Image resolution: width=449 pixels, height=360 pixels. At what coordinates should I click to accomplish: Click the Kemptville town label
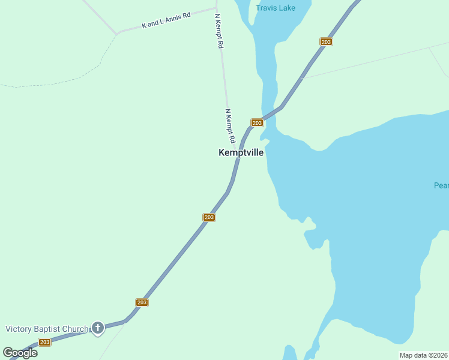tap(241, 153)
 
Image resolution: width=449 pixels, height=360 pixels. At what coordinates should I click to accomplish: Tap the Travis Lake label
tap(275, 8)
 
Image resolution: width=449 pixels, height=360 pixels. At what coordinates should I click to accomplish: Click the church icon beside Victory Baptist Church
tap(98, 328)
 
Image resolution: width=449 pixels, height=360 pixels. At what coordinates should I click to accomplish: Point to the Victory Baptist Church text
tap(47, 329)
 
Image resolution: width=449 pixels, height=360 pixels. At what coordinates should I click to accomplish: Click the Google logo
tap(20, 353)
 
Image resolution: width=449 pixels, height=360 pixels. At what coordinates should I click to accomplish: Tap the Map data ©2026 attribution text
tap(424, 355)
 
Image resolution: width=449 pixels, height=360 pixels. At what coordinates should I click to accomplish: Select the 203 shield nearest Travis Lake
tap(326, 42)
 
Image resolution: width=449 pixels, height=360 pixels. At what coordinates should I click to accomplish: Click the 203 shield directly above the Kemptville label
tap(257, 122)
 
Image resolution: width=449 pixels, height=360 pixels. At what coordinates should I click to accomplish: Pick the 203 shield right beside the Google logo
tap(44, 342)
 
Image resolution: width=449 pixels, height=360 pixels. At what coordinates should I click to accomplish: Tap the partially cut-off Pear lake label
tap(441, 185)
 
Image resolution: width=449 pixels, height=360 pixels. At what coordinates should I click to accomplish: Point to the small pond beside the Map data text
tap(290, 353)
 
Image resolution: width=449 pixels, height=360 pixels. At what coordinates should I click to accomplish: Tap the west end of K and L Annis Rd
tap(118, 32)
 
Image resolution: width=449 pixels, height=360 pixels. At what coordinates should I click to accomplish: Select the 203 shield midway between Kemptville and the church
tap(209, 217)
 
